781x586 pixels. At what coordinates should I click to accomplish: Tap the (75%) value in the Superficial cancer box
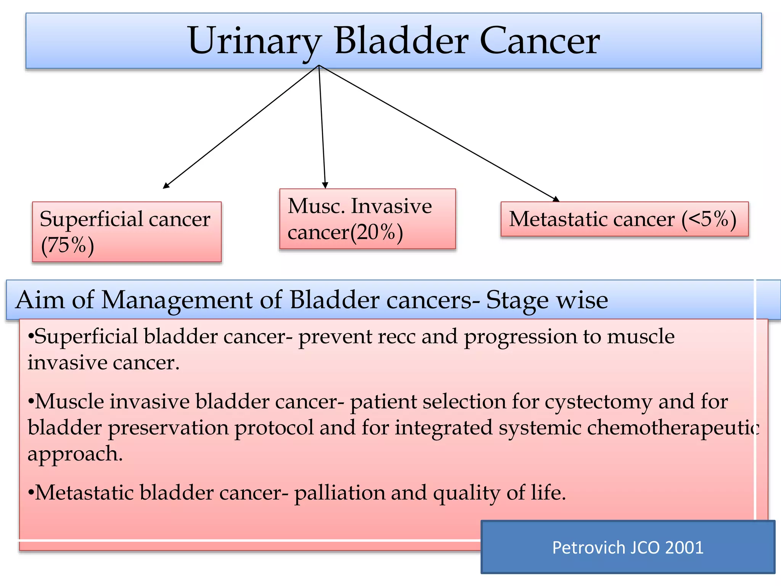[67, 245]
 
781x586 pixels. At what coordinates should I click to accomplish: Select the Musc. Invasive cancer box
[367, 219]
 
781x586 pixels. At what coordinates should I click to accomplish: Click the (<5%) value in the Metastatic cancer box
[709, 219]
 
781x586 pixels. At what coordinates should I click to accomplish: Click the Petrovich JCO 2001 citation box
[628, 547]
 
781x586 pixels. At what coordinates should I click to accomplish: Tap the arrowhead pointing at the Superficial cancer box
[166, 186]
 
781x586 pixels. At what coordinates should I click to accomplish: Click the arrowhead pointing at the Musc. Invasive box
[325, 185]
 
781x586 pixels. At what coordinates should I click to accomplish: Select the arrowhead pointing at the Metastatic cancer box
[556, 199]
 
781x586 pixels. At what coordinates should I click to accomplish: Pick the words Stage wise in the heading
[547, 300]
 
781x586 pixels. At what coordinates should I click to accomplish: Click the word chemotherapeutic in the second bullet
[673, 428]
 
